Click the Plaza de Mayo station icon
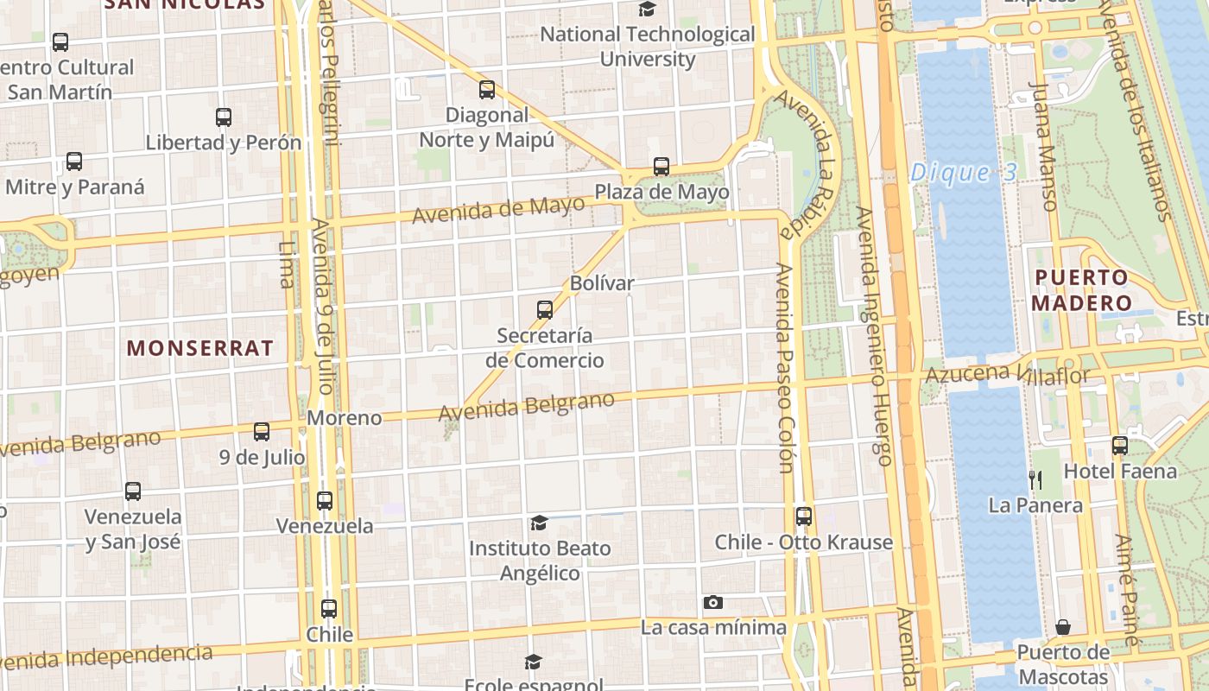[x=661, y=167]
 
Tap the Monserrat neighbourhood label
[x=200, y=348]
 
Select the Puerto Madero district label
[x=1080, y=290]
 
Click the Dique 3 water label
[x=964, y=173]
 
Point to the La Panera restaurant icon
[x=1035, y=480]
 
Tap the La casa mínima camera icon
[x=712, y=602]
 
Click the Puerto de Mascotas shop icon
[x=1063, y=626]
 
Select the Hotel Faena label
[x=1120, y=471]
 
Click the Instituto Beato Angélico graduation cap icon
[x=539, y=523]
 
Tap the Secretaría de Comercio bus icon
[x=545, y=309]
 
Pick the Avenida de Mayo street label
[x=498, y=210]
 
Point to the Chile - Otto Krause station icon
[x=804, y=517]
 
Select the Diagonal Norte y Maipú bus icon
[x=487, y=90]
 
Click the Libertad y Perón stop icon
[x=224, y=117]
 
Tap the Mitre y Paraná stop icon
[x=74, y=162]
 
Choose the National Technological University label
[x=648, y=47]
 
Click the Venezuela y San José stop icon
[x=133, y=491]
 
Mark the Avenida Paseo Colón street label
[x=784, y=368]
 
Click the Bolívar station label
[x=602, y=283]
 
